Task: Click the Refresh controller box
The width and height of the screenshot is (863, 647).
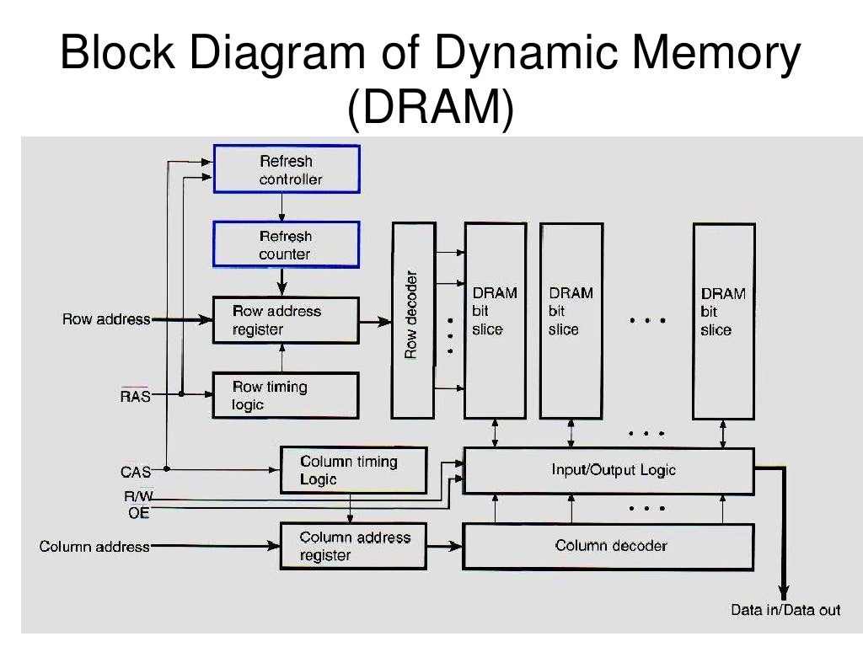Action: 287,169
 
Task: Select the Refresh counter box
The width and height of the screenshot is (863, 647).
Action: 287,244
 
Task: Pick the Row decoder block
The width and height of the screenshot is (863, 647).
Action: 414,320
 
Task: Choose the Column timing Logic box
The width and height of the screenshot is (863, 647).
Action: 352,470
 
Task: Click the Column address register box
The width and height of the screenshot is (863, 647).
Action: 352,546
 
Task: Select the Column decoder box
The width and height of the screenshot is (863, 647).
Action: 608,546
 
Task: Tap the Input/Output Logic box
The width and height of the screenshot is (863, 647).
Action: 608,470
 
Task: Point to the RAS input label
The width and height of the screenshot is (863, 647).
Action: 136,395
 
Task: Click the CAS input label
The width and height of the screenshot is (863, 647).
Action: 136,472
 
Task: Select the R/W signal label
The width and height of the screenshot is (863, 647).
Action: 137,497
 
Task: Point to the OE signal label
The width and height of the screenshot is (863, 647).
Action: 139,513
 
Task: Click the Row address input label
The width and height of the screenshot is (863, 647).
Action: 106,320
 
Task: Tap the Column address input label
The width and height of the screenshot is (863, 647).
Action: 94,547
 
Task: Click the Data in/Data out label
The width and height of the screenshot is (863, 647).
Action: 785,610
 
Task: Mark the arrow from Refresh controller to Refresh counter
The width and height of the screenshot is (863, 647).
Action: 284,206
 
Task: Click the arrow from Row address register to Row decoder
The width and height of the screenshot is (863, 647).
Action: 375,321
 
